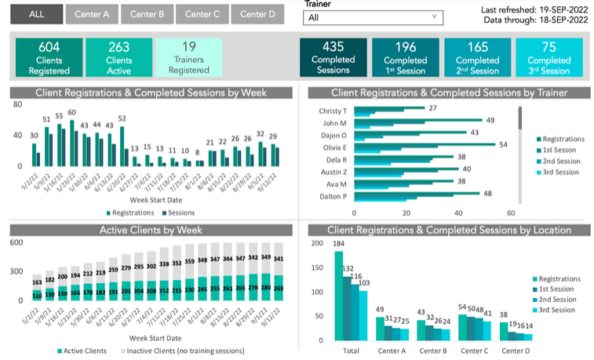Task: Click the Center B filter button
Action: click(x=147, y=14)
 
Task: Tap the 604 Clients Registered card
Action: click(x=49, y=57)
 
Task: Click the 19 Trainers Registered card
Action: click(x=188, y=57)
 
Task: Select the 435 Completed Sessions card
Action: click(x=333, y=57)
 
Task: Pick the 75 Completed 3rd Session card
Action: click(x=548, y=57)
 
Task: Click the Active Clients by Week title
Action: click(x=151, y=230)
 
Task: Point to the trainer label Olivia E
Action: click(x=334, y=147)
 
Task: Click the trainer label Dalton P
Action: click(x=333, y=196)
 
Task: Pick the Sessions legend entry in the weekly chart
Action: click(x=177, y=213)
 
